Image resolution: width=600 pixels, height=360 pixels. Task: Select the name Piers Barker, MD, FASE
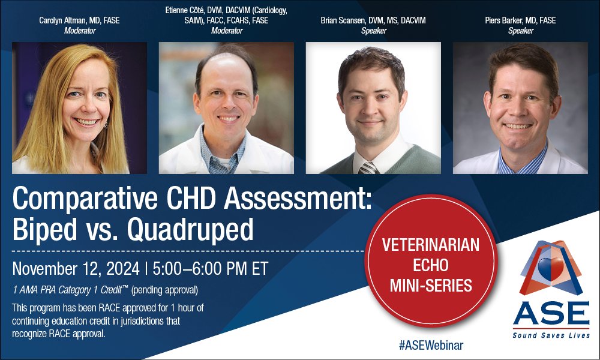(520, 20)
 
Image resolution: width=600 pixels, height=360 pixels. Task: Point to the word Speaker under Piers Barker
(520, 31)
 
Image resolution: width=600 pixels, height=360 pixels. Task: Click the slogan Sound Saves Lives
(551, 335)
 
